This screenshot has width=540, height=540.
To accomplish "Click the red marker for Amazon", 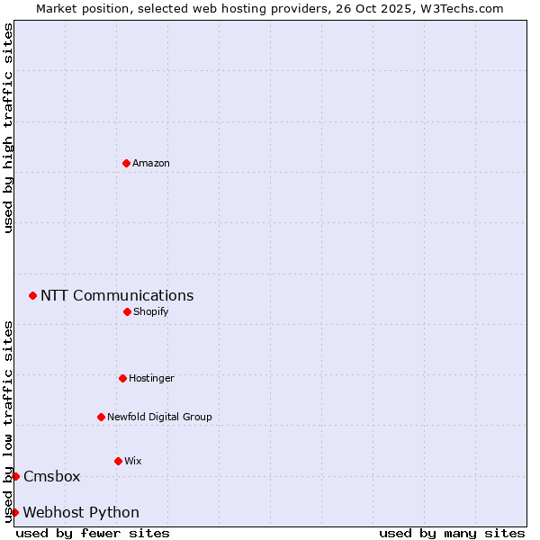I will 126,163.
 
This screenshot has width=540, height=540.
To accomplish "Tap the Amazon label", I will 151,164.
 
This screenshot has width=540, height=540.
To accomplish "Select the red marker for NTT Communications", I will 32,295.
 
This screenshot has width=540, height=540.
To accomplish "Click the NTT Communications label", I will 117,296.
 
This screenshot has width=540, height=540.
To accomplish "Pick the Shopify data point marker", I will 127,311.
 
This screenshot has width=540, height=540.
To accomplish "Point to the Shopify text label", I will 150,312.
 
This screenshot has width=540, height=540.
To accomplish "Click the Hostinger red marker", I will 122,378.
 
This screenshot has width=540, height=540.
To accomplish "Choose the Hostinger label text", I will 151,379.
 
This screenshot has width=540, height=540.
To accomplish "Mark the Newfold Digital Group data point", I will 101,417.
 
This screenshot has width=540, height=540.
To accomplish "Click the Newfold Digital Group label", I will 159,418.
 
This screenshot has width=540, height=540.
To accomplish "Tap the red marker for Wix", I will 118,461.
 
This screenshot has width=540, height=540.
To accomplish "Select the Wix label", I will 132,462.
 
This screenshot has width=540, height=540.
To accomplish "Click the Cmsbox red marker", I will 15,476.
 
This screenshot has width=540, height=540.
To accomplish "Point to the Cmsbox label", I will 52,477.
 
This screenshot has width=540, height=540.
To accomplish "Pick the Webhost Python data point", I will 14,512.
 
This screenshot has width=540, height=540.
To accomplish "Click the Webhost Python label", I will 81,513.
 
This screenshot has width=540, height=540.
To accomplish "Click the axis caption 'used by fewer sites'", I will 93,534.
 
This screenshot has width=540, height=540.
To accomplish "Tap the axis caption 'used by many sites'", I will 452,534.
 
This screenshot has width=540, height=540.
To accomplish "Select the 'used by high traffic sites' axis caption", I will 8,129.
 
